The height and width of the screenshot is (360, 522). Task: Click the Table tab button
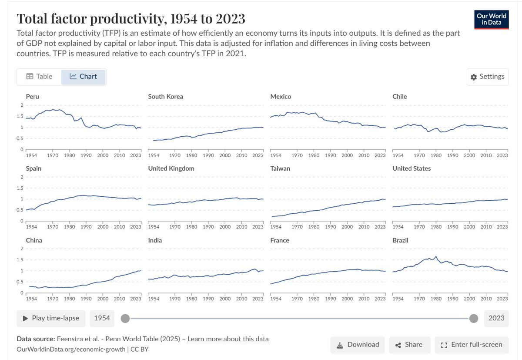[x=40, y=77]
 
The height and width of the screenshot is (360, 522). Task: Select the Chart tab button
[x=84, y=77]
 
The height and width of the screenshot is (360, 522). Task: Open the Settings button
[x=488, y=77]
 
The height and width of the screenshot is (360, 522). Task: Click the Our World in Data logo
[x=492, y=19]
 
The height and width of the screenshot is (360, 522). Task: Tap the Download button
[x=358, y=345]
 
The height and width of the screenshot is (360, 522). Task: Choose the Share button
[x=409, y=345]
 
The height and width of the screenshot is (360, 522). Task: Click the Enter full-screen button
[x=472, y=345]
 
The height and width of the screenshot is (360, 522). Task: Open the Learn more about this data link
[x=228, y=339]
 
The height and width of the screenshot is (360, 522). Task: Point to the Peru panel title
[x=32, y=97]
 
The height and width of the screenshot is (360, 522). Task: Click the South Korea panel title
[x=165, y=97]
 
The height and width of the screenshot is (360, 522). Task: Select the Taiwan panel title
[x=280, y=168]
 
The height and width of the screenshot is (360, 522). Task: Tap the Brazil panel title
[x=400, y=240]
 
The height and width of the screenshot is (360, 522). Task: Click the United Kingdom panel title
[x=171, y=168]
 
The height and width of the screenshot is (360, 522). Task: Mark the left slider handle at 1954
[x=125, y=318]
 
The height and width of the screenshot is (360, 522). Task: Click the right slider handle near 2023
[x=474, y=318]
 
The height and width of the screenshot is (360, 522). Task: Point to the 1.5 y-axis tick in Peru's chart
[x=20, y=116]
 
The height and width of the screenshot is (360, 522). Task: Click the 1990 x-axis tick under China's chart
[x=86, y=299]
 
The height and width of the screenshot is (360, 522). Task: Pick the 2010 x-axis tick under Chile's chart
[x=486, y=155]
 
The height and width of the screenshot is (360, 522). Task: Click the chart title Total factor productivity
[x=130, y=19]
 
